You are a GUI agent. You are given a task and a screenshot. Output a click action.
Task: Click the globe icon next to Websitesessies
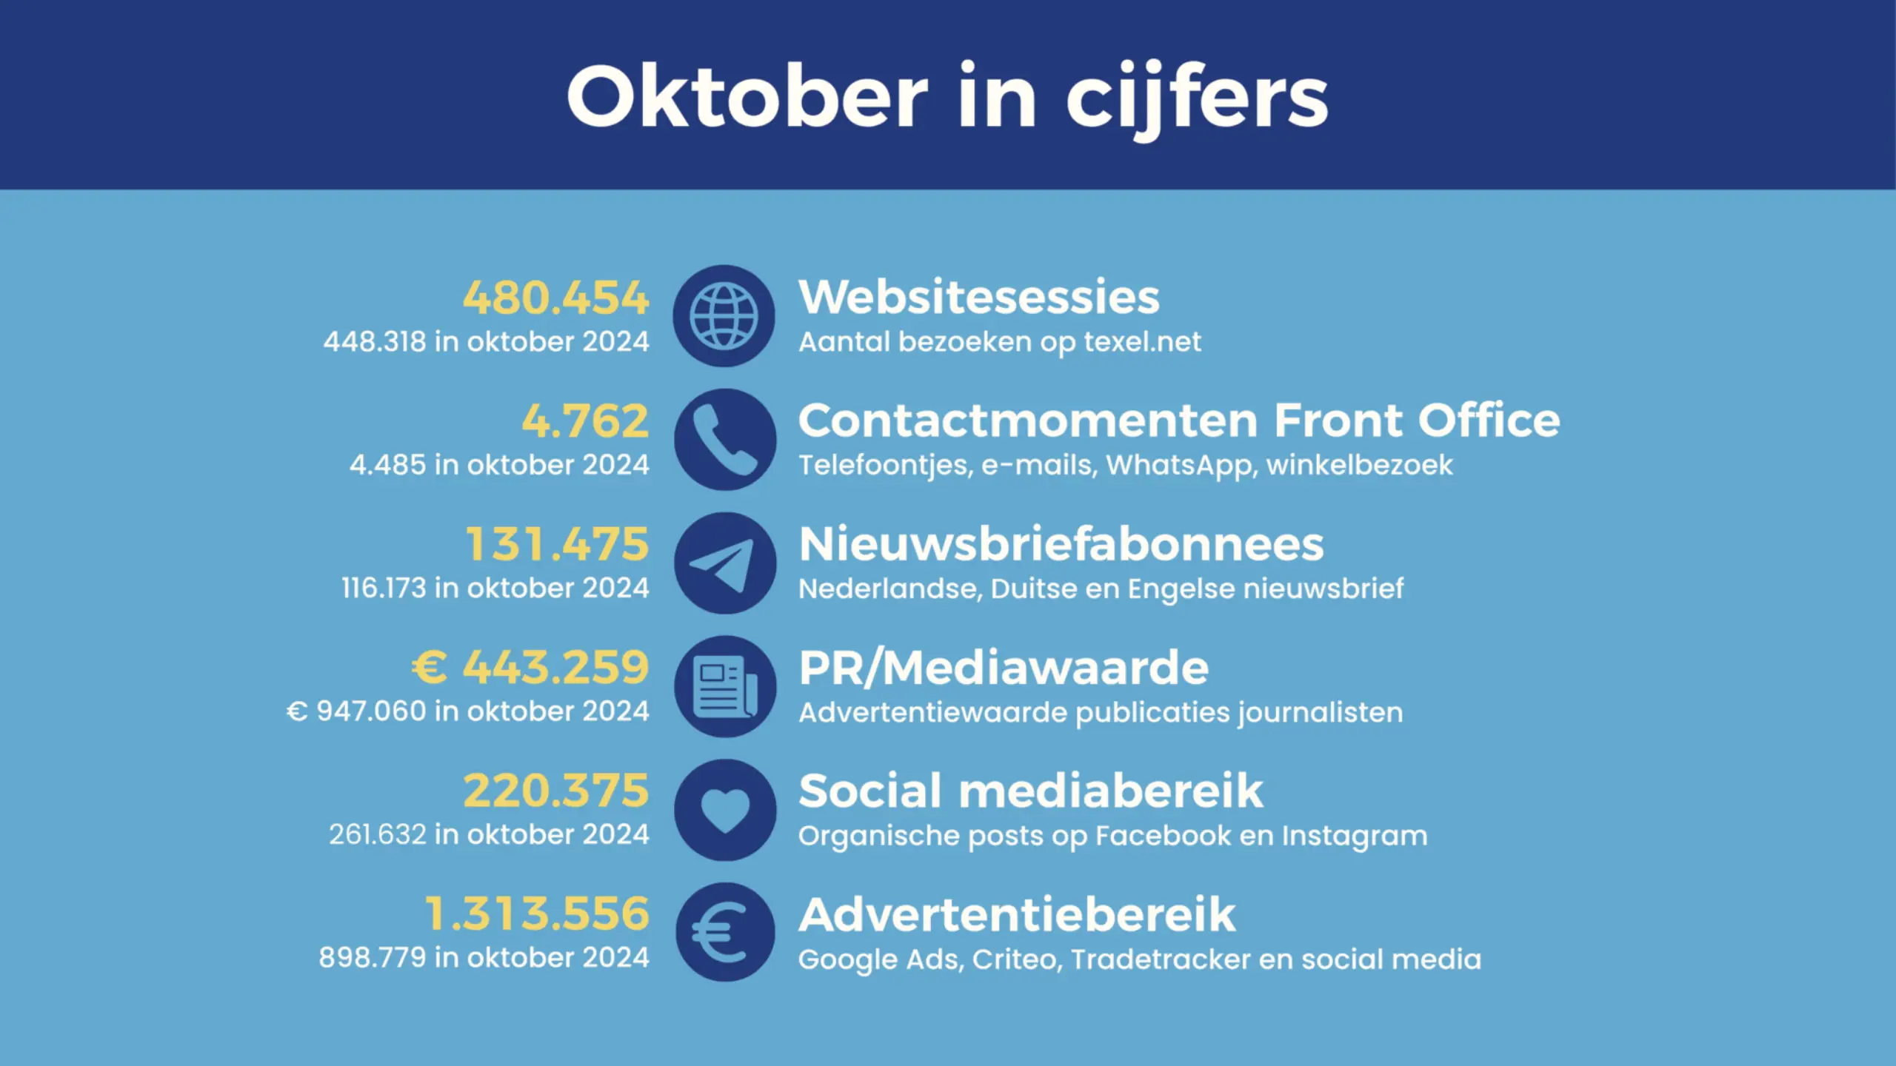[x=724, y=316]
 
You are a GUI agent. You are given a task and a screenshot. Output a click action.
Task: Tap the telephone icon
[x=725, y=440]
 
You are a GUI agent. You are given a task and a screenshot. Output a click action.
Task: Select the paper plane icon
[x=725, y=563]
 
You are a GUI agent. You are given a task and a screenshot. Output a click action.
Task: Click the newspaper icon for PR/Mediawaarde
[x=725, y=686]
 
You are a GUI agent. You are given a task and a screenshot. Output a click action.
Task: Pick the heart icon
[x=725, y=810]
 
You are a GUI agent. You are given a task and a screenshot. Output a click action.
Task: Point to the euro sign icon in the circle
[x=725, y=933]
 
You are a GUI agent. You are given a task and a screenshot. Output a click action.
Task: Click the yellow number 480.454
[x=555, y=298]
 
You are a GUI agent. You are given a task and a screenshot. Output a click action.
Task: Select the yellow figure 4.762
[x=585, y=420]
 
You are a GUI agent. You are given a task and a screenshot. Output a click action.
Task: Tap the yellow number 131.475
[x=557, y=544]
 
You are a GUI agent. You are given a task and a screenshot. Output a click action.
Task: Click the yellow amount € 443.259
[x=530, y=667]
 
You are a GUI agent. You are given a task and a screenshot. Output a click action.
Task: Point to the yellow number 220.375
[x=555, y=791]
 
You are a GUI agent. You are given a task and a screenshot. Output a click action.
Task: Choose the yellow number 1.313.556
[x=537, y=914]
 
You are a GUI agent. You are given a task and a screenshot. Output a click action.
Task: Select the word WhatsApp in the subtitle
[x=1182, y=466]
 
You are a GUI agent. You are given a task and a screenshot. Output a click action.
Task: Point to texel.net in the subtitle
[x=1142, y=342]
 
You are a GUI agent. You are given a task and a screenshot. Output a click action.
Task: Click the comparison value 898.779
[x=373, y=958]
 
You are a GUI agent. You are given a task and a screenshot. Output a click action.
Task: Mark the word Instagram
[x=1355, y=836]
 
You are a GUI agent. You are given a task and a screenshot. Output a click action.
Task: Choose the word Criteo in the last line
[x=1018, y=959]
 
